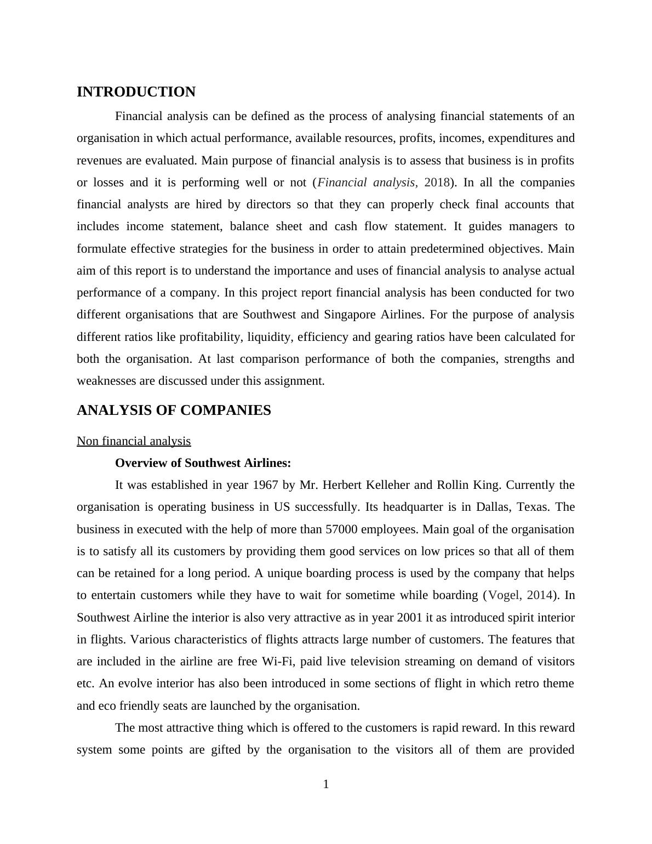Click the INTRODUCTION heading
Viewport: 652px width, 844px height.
pos(136,92)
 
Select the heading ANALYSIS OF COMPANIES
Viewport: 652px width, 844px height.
pos(174,410)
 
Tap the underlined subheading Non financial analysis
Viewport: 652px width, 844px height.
pos(134,441)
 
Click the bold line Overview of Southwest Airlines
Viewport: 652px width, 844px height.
pos(203,463)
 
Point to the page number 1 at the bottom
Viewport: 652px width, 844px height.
pos(326,785)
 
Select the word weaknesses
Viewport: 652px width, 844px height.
pos(107,381)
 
